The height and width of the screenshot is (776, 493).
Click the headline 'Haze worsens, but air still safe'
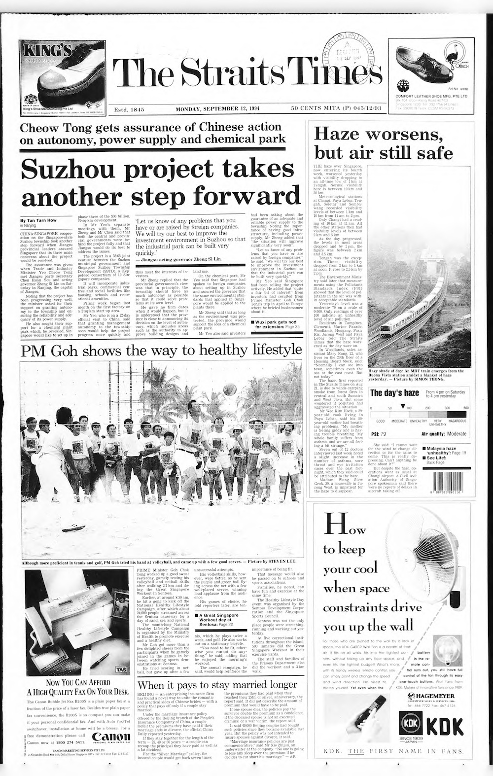(x=384, y=142)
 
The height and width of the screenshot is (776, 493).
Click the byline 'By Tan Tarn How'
(x=38, y=220)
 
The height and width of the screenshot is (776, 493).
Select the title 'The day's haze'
(x=394, y=393)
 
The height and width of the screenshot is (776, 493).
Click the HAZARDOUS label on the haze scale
(x=457, y=421)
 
